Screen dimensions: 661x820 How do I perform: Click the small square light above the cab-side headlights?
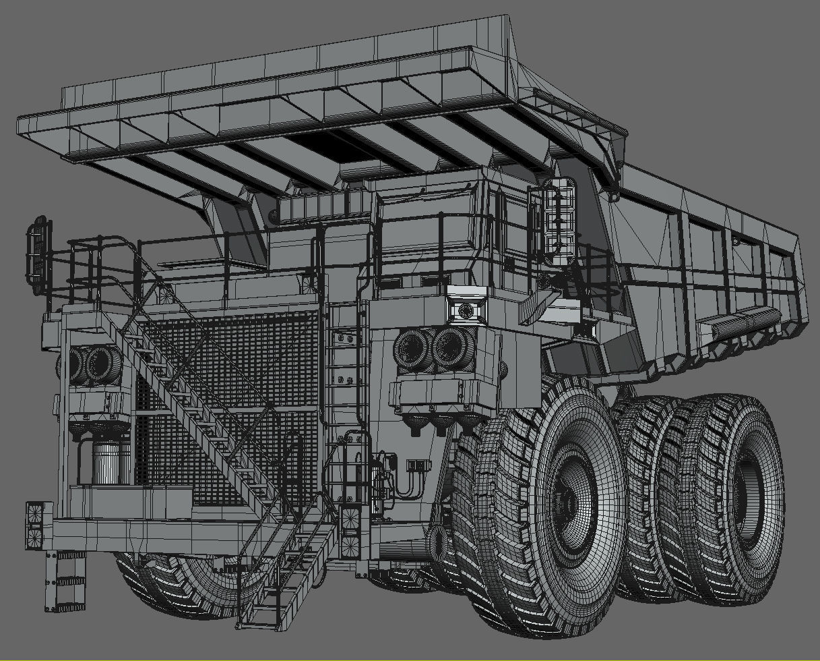466,310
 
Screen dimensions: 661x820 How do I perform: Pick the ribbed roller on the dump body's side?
741,322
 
